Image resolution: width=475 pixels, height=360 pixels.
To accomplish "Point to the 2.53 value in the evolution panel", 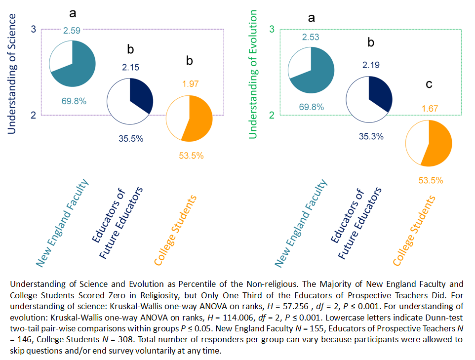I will pos(311,36).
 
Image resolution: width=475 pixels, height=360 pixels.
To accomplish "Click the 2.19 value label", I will pos(371,65).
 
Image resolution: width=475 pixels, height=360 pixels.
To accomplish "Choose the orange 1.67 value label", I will pos(429,108).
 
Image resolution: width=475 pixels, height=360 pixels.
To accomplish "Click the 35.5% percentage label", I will pos(131,138).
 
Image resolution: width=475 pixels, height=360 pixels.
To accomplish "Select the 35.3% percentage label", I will pos(371,136).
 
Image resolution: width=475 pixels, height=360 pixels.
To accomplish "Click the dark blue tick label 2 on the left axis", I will pos(33,115).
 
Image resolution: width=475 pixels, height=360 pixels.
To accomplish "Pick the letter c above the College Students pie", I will pos(429,84).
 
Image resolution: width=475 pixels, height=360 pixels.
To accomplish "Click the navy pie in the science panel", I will pos(130,101).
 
